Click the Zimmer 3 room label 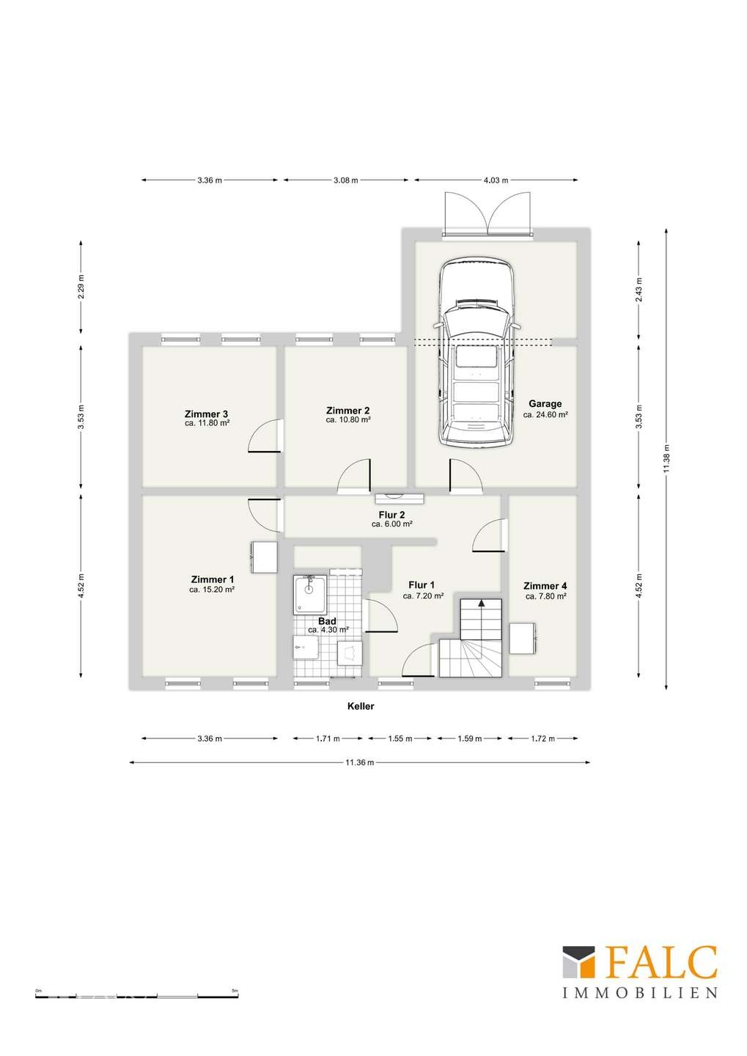click(x=206, y=414)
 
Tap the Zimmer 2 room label click(x=347, y=411)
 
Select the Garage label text click(x=545, y=403)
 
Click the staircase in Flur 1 click(x=472, y=638)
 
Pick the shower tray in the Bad click(x=310, y=594)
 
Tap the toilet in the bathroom click(x=350, y=652)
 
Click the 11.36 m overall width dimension click(x=359, y=763)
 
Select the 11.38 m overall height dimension click(x=666, y=459)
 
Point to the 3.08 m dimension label click(x=345, y=180)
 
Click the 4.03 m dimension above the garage click(x=496, y=180)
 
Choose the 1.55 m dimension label click(x=400, y=738)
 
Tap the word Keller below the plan click(x=361, y=706)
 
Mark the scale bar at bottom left click(x=137, y=995)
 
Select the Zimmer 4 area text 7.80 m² click(x=545, y=597)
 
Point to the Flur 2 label click(x=391, y=516)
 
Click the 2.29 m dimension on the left click(x=81, y=286)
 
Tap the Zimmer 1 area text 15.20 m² click(x=212, y=590)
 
